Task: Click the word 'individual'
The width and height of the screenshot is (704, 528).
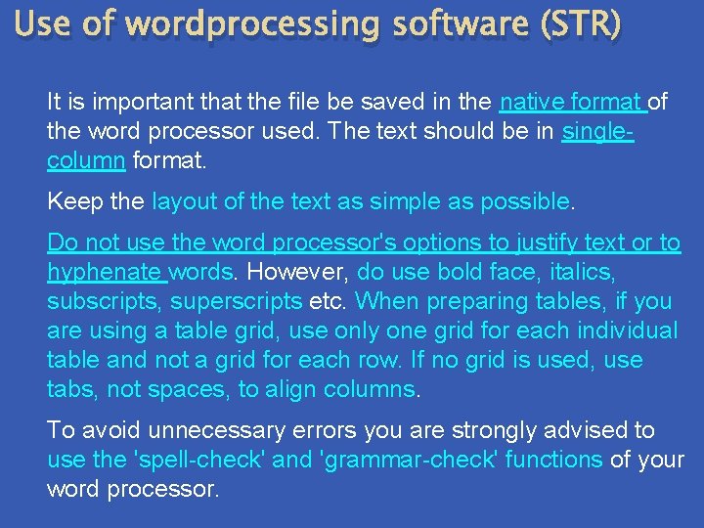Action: (627, 330)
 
